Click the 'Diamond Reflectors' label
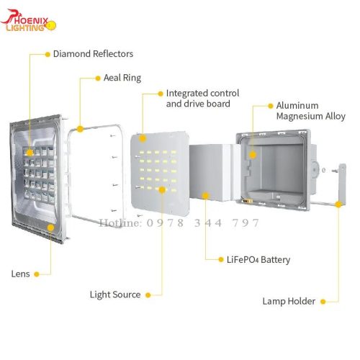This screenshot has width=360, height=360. (x=93, y=54)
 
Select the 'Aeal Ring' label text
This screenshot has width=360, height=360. (x=122, y=78)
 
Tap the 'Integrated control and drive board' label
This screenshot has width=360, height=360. (x=202, y=99)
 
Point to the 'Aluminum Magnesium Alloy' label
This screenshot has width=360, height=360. (x=311, y=111)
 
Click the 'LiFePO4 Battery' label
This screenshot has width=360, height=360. (x=258, y=259)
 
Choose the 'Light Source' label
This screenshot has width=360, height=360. (x=115, y=294)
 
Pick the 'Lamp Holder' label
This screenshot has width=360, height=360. (x=289, y=301)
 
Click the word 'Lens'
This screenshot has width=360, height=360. (x=21, y=274)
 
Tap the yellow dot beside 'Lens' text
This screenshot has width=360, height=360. (x=37, y=274)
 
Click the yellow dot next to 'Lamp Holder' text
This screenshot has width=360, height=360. (x=323, y=302)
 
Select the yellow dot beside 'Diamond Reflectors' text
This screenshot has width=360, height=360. (x=48, y=55)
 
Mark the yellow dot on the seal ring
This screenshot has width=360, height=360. (x=80, y=129)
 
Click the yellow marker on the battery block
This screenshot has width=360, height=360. (x=205, y=196)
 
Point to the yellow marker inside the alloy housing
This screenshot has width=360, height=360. (x=253, y=155)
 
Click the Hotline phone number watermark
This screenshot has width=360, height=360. (x=179, y=223)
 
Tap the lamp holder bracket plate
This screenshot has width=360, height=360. (x=343, y=184)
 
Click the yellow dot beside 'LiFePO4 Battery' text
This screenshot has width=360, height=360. (x=221, y=259)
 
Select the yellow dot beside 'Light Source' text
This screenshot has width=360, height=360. (x=148, y=295)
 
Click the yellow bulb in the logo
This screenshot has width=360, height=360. (x=51, y=25)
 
